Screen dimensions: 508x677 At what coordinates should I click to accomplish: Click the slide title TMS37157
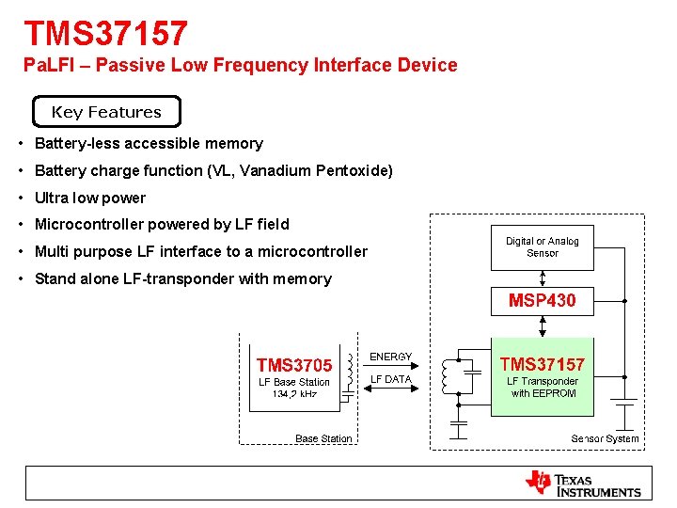106,34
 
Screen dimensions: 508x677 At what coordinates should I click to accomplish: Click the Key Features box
106,112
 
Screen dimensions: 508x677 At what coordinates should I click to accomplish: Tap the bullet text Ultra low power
90,198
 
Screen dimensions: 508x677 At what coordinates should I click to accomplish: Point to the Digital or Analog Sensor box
543,247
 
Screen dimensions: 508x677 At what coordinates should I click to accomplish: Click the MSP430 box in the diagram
543,301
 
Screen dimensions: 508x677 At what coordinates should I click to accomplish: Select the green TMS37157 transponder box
543,376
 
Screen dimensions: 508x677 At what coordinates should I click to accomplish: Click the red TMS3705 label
294,365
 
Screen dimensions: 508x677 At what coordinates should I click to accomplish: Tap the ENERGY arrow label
391,357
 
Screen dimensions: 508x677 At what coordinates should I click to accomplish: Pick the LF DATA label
391,379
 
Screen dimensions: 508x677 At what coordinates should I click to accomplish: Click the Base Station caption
323,438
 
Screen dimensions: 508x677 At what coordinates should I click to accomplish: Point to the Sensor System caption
605,438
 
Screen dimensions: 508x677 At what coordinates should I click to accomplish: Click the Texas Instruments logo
583,484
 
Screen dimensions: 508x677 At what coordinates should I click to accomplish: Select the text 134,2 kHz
294,393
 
